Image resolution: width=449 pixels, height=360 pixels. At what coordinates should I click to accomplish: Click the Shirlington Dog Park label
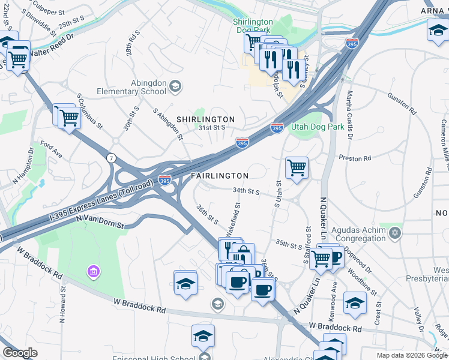click(x=253, y=26)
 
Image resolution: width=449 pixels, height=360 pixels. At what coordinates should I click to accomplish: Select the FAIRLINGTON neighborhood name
click(x=220, y=176)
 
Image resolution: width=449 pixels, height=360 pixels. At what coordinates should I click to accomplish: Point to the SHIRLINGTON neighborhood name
click(x=205, y=119)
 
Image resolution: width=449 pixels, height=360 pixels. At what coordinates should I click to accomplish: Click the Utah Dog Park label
click(x=318, y=127)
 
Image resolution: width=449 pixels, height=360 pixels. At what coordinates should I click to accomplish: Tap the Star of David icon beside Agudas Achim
click(x=394, y=232)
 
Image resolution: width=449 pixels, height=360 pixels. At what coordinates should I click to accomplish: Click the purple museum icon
click(x=93, y=272)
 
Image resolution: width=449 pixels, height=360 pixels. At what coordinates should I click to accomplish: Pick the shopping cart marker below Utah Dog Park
click(x=297, y=168)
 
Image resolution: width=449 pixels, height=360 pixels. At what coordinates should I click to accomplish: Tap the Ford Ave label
click(x=51, y=149)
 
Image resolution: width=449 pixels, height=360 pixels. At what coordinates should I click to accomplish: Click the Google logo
click(x=20, y=353)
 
